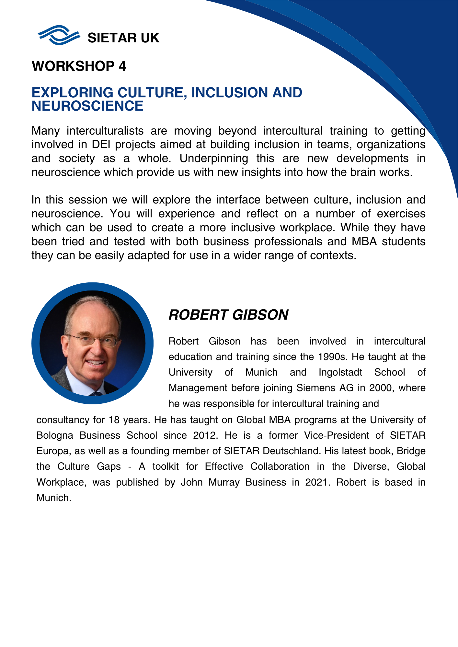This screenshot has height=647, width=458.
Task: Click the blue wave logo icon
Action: [x=59, y=35]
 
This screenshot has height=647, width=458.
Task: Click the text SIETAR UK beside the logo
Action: [x=123, y=38]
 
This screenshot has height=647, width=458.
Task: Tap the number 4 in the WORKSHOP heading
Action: [x=122, y=66]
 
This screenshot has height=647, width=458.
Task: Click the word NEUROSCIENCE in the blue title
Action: [x=87, y=106]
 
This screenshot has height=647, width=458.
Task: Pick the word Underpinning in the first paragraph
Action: [x=214, y=159]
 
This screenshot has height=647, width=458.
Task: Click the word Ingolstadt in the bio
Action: [x=340, y=372]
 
